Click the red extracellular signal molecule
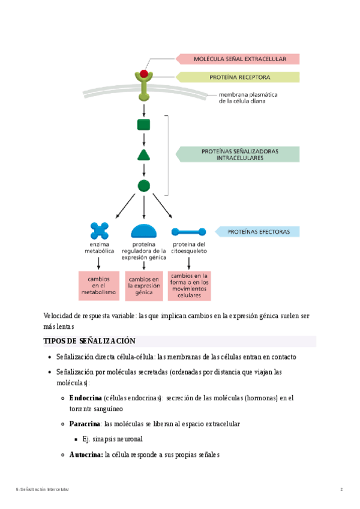click(x=144, y=73)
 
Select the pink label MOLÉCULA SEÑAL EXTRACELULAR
click(x=238, y=59)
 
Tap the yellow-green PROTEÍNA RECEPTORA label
click(x=238, y=77)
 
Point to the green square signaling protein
click(x=144, y=124)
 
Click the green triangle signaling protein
click(x=144, y=155)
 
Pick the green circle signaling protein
click(x=144, y=185)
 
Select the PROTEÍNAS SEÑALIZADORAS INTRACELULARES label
click(x=239, y=154)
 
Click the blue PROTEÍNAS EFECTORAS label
click(x=258, y=231)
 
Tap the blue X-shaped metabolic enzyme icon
click(x=100, y=230)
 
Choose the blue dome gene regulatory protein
click(x=144, y=231)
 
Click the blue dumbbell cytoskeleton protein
click(x=189, y=232)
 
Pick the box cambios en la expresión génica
click(x=143, y=286)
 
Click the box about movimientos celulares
click(x=189, y=286)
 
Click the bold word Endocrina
click(x=85, y=397)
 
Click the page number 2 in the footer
click(x=341, y=490)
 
